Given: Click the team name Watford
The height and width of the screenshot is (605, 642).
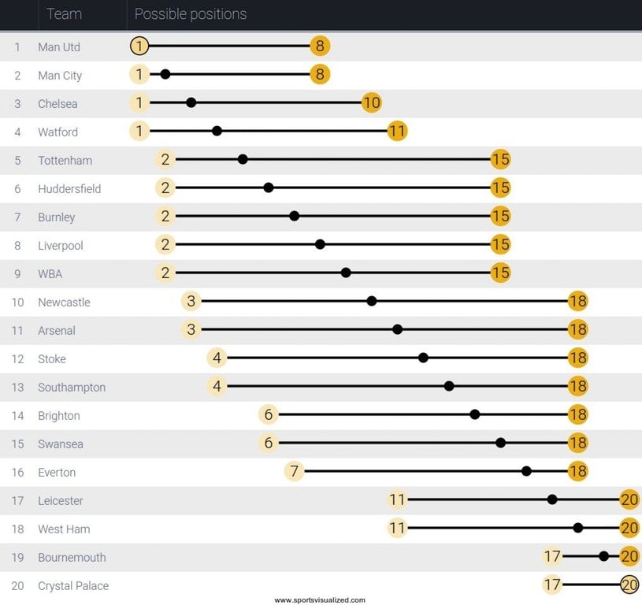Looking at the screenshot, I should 58,132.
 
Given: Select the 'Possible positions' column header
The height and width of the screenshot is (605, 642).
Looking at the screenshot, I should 191,14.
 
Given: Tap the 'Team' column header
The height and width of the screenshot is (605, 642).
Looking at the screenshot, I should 64,14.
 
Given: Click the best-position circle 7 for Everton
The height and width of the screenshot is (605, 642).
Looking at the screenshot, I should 294,472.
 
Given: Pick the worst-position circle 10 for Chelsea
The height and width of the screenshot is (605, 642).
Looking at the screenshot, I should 372,103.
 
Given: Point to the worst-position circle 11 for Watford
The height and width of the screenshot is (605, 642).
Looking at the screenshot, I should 397,132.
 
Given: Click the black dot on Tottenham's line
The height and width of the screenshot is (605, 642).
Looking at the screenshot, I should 243,159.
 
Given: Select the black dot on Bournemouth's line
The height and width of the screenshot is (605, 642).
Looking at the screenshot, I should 603,556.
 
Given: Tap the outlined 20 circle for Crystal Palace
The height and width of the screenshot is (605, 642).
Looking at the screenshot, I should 629,585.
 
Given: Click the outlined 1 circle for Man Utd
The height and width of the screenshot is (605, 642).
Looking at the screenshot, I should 139,46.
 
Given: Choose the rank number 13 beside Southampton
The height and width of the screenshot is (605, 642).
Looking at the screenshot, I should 17,388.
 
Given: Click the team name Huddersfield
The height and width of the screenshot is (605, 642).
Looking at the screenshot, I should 69,189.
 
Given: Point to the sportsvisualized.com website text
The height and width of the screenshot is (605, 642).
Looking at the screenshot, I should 320,600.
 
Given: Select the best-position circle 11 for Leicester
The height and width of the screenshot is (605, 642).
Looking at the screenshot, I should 397,500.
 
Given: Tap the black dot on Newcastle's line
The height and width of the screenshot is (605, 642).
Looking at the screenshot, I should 372,301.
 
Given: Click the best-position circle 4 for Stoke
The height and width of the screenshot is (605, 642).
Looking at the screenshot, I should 217,358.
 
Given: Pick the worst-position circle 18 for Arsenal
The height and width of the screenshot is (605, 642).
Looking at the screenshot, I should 577,330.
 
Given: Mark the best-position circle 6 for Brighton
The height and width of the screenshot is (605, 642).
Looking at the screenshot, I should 269,415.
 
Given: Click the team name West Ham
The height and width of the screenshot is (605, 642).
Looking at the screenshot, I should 64,529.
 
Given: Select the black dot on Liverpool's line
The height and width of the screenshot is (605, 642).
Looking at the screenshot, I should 320,244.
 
